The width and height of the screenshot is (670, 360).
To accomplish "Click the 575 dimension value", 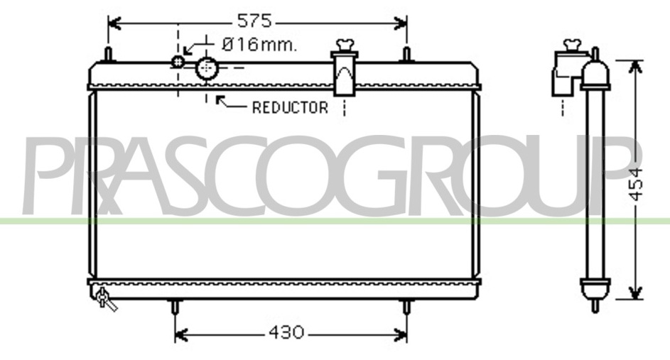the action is pyautogui.click(x=254, y=21).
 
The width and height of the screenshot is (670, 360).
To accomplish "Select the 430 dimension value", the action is pyautogui.click(x=286, y=332).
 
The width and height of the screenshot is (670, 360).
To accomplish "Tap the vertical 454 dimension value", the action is pyautogui.click(x=636, y=185).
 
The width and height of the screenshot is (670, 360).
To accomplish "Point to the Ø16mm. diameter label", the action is pyautogui.click(x=259, y=44).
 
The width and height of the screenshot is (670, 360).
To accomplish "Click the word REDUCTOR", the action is pyautogui.click(x=290, y=108).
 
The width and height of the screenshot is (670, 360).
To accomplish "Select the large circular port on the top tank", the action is pyautogui.click(x=207, y=68).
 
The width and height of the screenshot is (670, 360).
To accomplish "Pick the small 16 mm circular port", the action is pyautogui.click(x=178, y=62).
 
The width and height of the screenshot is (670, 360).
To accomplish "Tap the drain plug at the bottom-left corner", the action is pyautogui.click(x=104, y=298).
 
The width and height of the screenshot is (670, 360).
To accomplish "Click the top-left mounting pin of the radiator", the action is pyautogui.click(x=109, y=55).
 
